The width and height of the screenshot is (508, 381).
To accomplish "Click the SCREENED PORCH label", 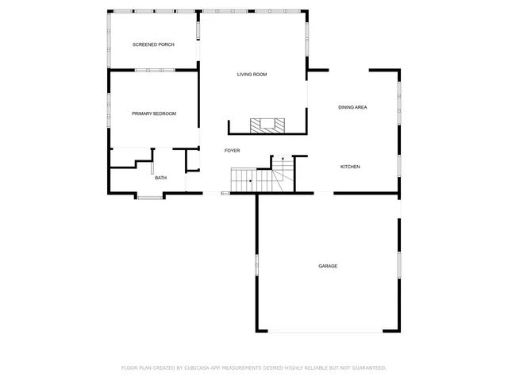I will [x=153, y=44].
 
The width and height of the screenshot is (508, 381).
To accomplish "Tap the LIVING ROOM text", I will [x=252, y=75].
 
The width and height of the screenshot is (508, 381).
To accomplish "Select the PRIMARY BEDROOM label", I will [x=154, y=114].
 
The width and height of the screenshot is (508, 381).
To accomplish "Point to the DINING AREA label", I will [x=352, y=107].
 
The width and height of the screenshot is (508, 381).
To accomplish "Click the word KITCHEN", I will [x=350, y=167].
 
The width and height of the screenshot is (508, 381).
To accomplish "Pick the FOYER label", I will [x=232, y=150].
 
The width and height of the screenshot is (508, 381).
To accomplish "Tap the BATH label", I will [x=160, y=178].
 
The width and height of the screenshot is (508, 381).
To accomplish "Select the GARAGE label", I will [x=328, y=266].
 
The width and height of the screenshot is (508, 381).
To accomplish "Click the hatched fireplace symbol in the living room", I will [x=267, y=125].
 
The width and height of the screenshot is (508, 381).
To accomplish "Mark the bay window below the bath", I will [x=149, y=197].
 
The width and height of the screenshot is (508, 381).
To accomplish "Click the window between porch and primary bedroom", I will [x=154, y=70].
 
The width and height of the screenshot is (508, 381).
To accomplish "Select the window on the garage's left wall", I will [x=256, y=265].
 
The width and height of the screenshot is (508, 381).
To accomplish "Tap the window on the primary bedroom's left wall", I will [x=110, y=108].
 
